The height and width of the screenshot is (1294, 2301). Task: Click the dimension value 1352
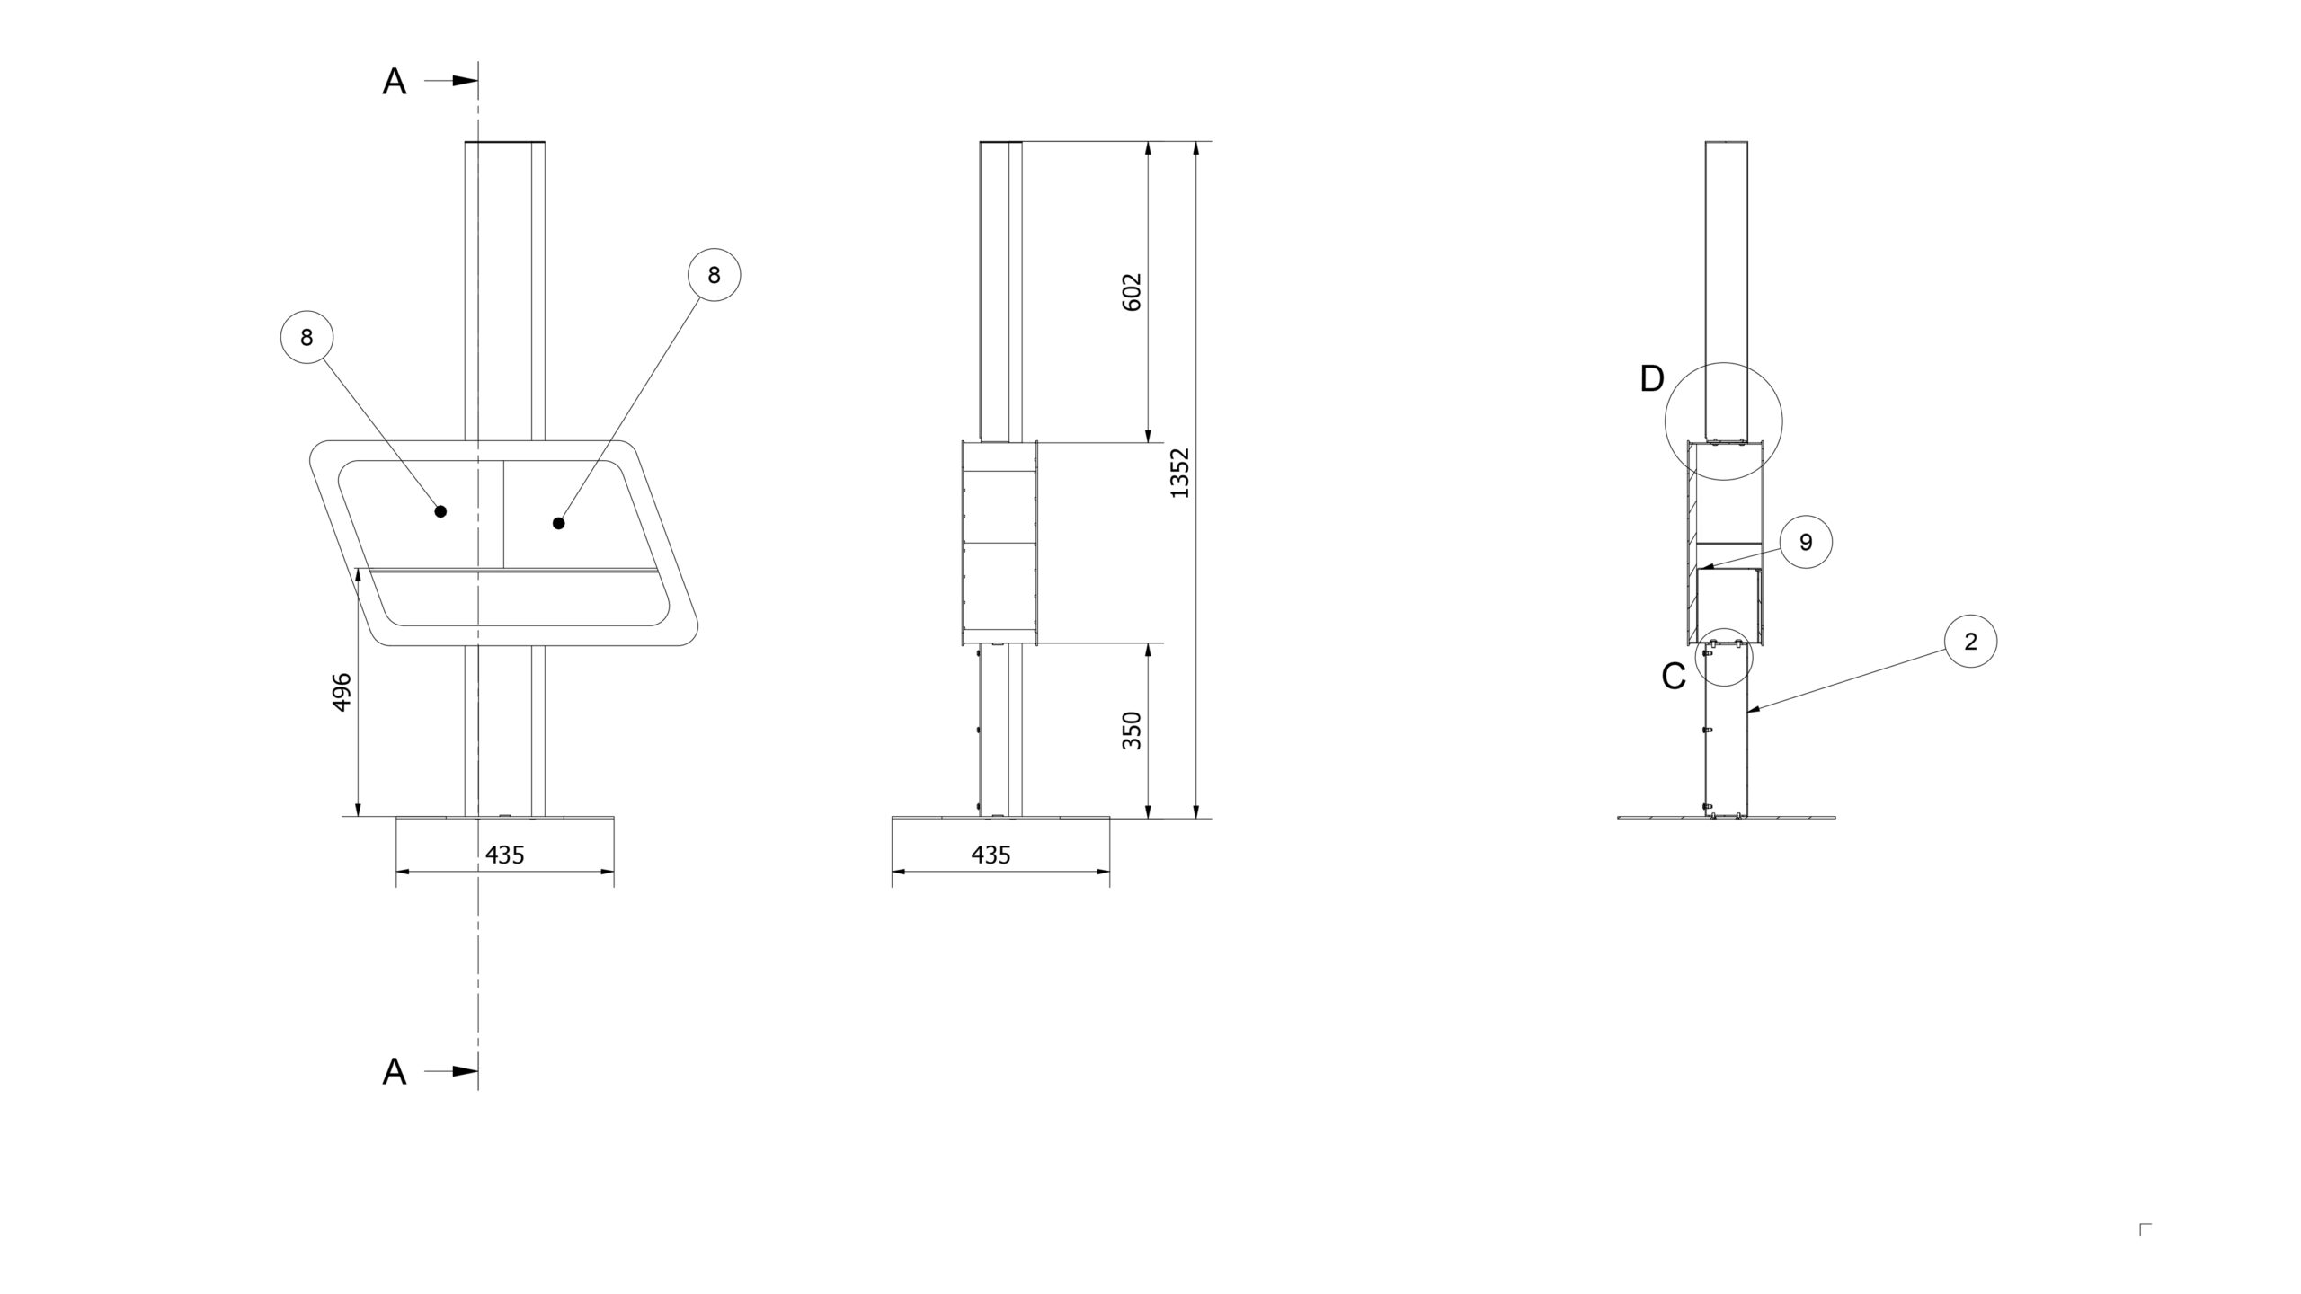1180,473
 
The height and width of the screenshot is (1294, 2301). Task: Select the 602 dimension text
1133,292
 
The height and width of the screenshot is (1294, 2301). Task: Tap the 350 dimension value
1133,731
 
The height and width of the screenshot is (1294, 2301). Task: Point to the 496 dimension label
342,692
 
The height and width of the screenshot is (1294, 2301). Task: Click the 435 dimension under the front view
505,855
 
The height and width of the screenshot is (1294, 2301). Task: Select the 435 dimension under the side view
991,855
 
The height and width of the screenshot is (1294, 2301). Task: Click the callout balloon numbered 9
1806,542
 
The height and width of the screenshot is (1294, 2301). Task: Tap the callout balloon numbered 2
1971,642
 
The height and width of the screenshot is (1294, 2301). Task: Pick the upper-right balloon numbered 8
715,275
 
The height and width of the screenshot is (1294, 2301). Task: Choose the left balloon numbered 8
307,337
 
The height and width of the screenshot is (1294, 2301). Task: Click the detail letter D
1652,379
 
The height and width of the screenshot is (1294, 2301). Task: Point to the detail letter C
1674,677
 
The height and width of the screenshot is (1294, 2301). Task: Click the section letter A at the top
395,82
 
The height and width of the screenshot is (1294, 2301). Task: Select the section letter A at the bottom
395,1072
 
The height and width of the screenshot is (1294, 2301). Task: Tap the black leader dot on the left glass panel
440,511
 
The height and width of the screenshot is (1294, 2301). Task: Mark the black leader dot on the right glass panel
559,523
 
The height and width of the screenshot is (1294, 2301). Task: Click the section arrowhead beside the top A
465,81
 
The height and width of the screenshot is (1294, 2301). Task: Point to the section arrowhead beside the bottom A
465,1071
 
